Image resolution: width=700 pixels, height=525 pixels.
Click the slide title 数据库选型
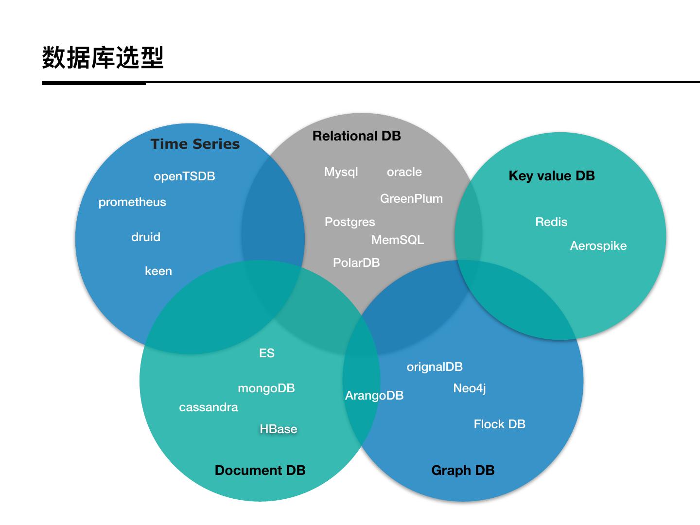(103, 57)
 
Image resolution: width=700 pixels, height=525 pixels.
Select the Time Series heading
(195, 144)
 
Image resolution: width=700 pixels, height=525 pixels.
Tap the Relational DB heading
(356, 136)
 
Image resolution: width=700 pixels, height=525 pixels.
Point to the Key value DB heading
(551, 176)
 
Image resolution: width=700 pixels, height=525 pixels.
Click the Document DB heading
(260, 470)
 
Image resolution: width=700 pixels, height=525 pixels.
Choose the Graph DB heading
(463, 470)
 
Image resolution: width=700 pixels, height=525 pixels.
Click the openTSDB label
(184, 176)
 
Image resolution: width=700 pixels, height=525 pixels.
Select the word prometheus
(132, 202)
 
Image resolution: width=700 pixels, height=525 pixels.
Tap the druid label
(146, 237)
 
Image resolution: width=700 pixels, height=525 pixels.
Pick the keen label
(158, 271)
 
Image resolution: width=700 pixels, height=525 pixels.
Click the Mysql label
(341, 172)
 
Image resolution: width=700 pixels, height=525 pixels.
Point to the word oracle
(404, 172)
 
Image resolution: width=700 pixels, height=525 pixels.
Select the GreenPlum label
(411, 199)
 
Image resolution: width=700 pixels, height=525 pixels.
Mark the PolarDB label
(356, 263)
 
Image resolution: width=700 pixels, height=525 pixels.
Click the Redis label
(551, 222)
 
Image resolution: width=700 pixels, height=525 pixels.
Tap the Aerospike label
(598, 246)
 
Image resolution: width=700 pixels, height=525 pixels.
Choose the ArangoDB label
(374, 396)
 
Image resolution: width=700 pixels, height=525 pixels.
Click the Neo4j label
(469, 388)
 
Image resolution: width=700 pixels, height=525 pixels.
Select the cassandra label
(209, 407)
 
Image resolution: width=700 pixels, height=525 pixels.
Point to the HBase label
(278, 429)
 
